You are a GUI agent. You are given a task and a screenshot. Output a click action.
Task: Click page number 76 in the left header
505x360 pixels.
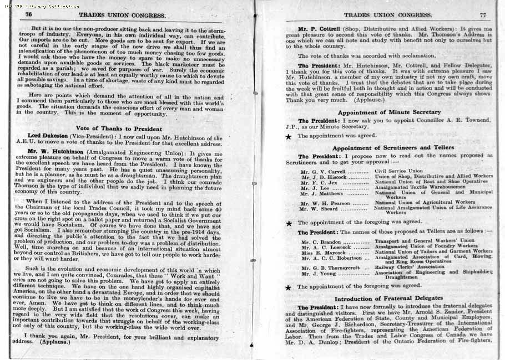pyautogui.click(x=28, y=15)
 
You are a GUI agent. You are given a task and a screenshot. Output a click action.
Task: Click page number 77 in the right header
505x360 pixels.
pyautogui.click(x=483, y=15)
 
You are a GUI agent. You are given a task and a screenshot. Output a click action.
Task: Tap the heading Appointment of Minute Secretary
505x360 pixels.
pyautogui.click(x=389, y=112)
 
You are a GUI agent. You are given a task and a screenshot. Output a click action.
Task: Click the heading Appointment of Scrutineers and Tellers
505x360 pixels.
pyautogui.click(x=393, y=148)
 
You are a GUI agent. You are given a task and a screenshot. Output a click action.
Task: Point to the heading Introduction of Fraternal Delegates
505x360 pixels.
pyautogui.click(x=388, y=299)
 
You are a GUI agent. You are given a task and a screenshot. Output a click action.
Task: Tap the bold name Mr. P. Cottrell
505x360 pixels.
pyautogui.click(x=319, y=28)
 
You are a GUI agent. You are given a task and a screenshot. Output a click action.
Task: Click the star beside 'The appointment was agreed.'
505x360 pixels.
pyautogui.click(x=289, y=136)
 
